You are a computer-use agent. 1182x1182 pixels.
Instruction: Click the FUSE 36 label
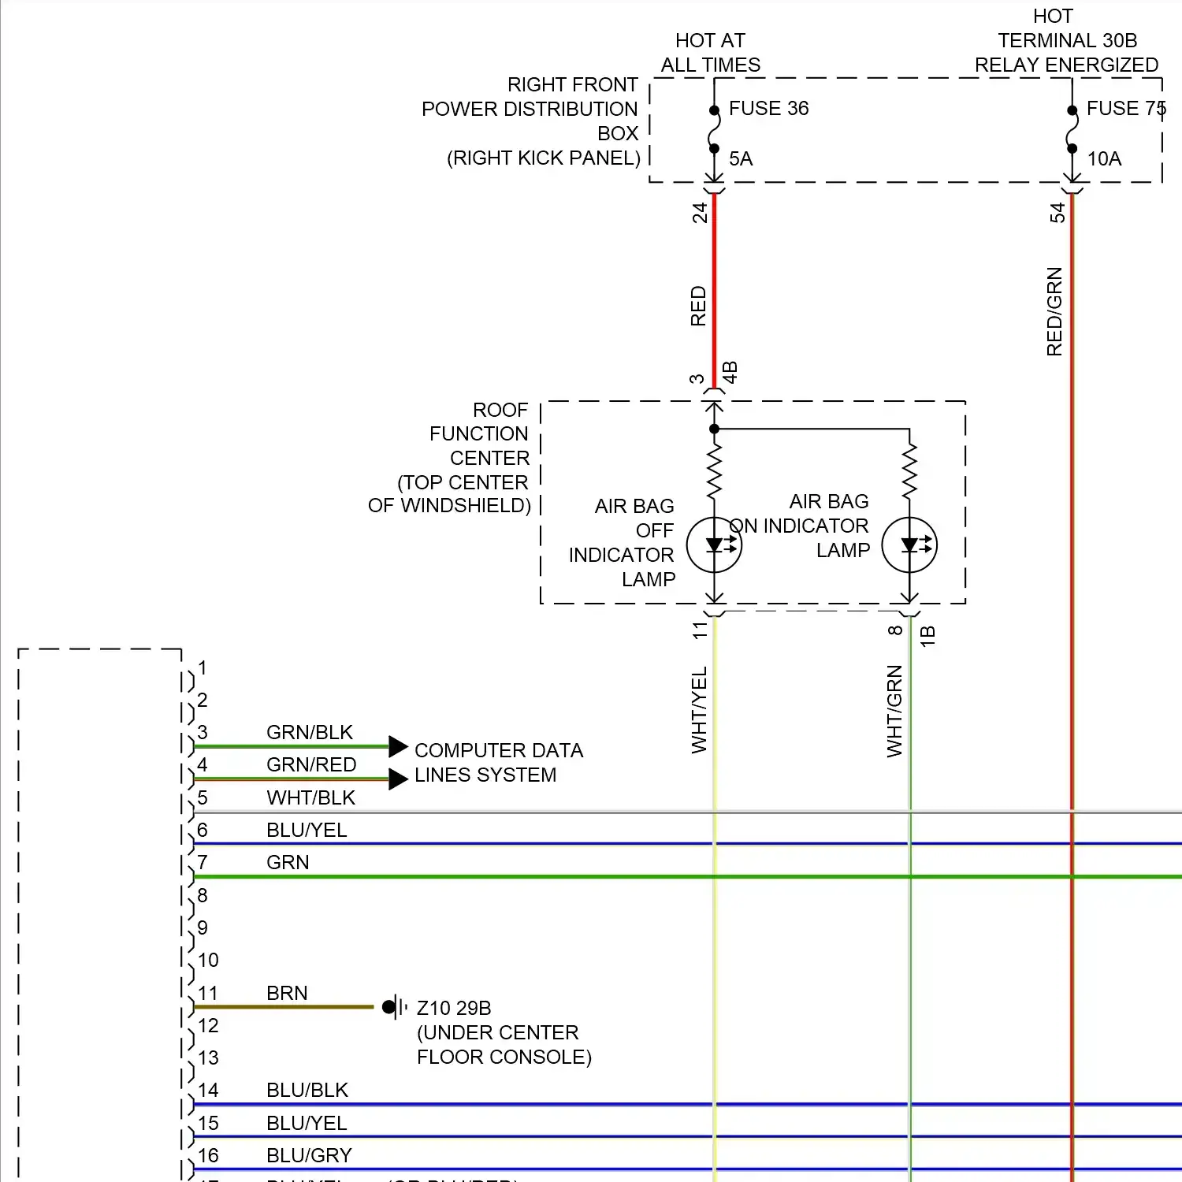[768, 109]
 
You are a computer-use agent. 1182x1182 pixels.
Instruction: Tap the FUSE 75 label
[1125, 109]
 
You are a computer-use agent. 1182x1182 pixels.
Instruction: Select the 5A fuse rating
[741, 159]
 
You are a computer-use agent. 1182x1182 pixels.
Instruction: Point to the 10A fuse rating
[1104, 159]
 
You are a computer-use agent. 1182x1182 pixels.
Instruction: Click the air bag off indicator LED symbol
[714, 545]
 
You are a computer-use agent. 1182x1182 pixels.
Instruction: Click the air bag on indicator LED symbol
[909, 545]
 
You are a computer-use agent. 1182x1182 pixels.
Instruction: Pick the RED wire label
[699, 306]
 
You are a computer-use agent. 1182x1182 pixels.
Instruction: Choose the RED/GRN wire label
[1055, 311]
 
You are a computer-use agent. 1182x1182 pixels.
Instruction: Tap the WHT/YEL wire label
[700, 710]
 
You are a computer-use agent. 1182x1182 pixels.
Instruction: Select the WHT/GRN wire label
[895, 711]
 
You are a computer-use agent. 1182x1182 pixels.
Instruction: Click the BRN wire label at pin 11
[287, 993]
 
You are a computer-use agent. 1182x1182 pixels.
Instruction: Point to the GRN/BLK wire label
[310, 732]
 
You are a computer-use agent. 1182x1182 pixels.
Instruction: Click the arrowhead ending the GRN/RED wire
[399, 779]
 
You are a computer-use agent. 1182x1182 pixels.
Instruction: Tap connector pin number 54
[1057, 213]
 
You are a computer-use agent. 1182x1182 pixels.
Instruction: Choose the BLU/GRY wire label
[309, 1155]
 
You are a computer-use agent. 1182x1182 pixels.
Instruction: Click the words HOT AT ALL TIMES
[711, 53]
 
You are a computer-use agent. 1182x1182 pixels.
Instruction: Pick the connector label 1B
[928, 636]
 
